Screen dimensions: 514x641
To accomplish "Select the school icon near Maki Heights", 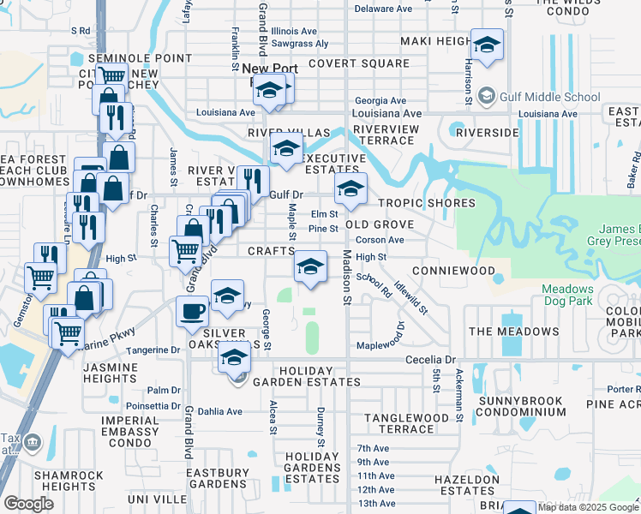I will tap(487, 46).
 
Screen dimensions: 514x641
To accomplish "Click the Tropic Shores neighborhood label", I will tap(427, 203).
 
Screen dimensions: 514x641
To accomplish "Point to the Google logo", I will tap(28, 504).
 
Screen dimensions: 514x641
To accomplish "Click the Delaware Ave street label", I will tap(383, 9).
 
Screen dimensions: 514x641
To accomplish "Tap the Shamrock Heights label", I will tap(69, 481).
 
